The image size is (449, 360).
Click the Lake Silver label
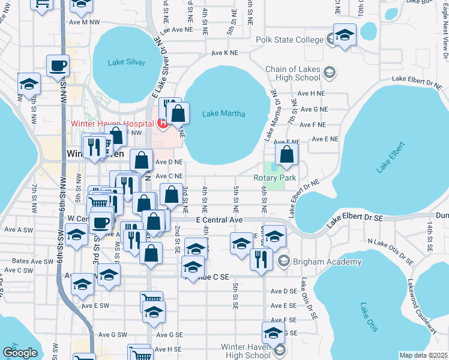click(x=127, y=62)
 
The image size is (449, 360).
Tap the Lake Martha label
click(x=219, y=113)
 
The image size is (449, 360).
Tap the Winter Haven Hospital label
click(x=111, y=124)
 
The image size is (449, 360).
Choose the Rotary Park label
click(x=275, y=178)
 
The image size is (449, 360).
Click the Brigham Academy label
click(x=327, y=262)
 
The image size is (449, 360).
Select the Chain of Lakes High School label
click(x=293, y=73)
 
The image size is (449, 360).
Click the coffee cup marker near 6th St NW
click(x=58, y=65)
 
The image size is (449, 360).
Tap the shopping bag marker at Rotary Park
click(x=288, y=155)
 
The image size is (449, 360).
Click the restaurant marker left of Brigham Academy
click(x=261, y=259)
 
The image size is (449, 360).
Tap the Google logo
click(x=20, y=353)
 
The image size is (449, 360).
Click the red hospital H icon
click(x=161, y=124)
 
